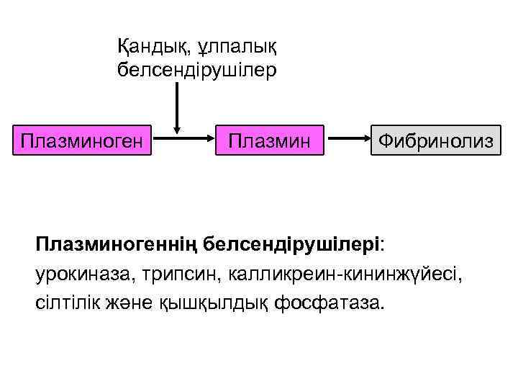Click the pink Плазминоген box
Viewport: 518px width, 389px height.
pyautogui.click(x=81, y=137)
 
